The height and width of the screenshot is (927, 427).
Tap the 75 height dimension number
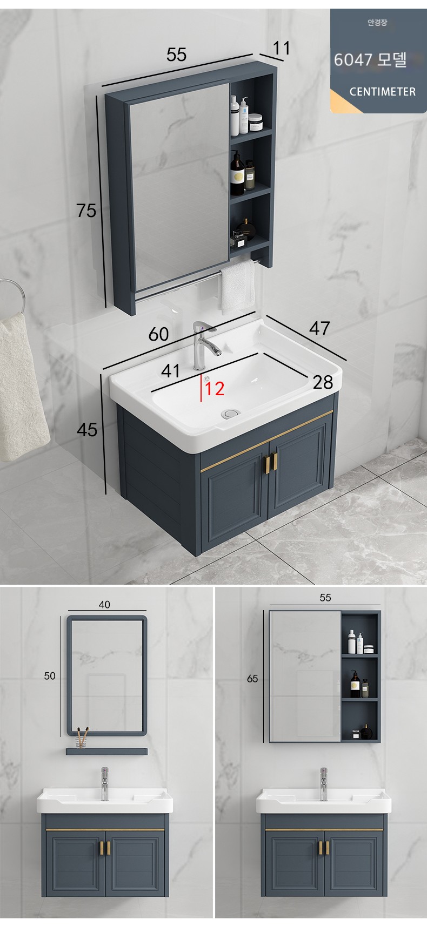click(x=86, y=210)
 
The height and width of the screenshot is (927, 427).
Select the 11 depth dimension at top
click(x=281, y=48)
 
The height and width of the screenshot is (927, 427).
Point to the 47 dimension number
click(x=319, y=328)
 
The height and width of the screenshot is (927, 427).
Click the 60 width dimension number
click(x=158, y=334)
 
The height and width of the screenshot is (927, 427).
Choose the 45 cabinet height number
click(x=87, y=430)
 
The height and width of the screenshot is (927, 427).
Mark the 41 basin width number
click(x=170, y=371)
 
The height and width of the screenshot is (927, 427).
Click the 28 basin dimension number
click(x=323, y=382)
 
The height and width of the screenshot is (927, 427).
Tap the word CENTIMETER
click(x=383, y=92)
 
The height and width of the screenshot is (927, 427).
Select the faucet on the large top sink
click(x=204, y=346)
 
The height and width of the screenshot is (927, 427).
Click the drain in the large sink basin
click(x=231, y=413)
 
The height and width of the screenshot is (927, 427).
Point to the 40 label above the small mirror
click(x=104, y=605)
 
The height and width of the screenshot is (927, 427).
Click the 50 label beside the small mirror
click(x=50, y=676)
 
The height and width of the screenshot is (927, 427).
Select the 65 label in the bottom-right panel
click(x=252, y=679)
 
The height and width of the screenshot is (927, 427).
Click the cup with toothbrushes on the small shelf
click(x=82, y=737)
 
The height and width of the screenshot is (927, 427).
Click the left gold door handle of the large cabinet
click(x=266, y=463)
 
